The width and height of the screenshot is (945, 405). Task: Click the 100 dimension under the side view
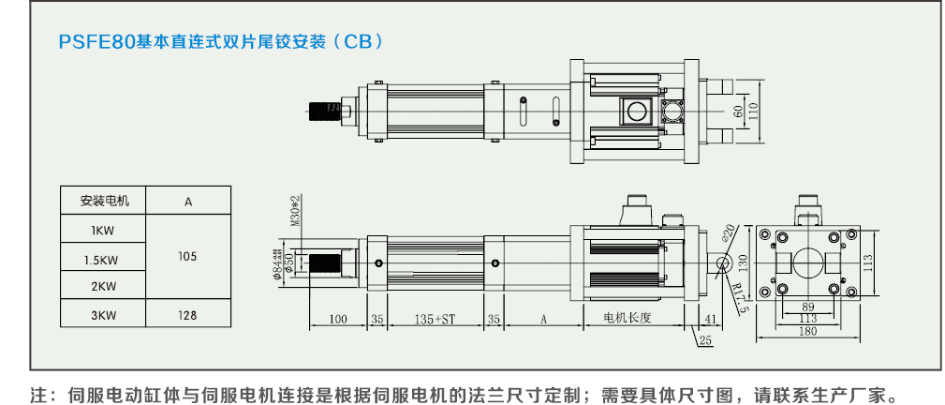click(338, 320)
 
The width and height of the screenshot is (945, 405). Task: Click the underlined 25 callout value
click(706, 339)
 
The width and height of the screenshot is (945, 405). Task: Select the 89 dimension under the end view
click(807, 307)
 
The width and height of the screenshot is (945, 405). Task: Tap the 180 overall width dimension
click(807, 330)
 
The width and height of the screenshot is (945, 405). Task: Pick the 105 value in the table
click(188, 255)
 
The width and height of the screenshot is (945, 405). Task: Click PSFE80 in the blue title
click(97, 42)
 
